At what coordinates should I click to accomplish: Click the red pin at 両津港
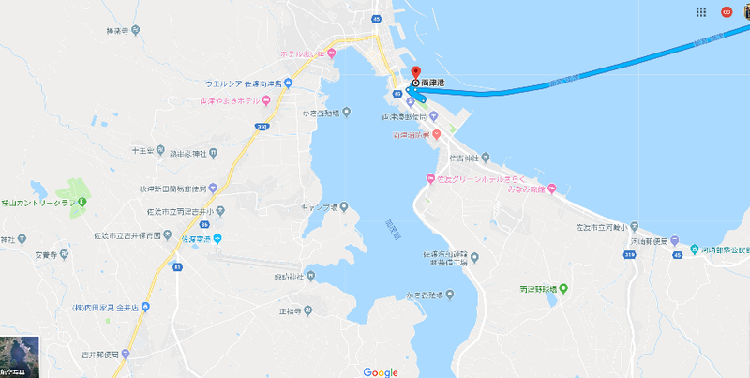click(416, 72)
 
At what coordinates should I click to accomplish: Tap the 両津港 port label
click(433, 83)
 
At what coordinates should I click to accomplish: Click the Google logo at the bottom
click(381, 371)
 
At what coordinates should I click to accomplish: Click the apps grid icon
click(701, 12)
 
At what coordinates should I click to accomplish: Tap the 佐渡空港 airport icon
click(217, 238)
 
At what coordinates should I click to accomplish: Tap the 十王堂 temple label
click(142, 150)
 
